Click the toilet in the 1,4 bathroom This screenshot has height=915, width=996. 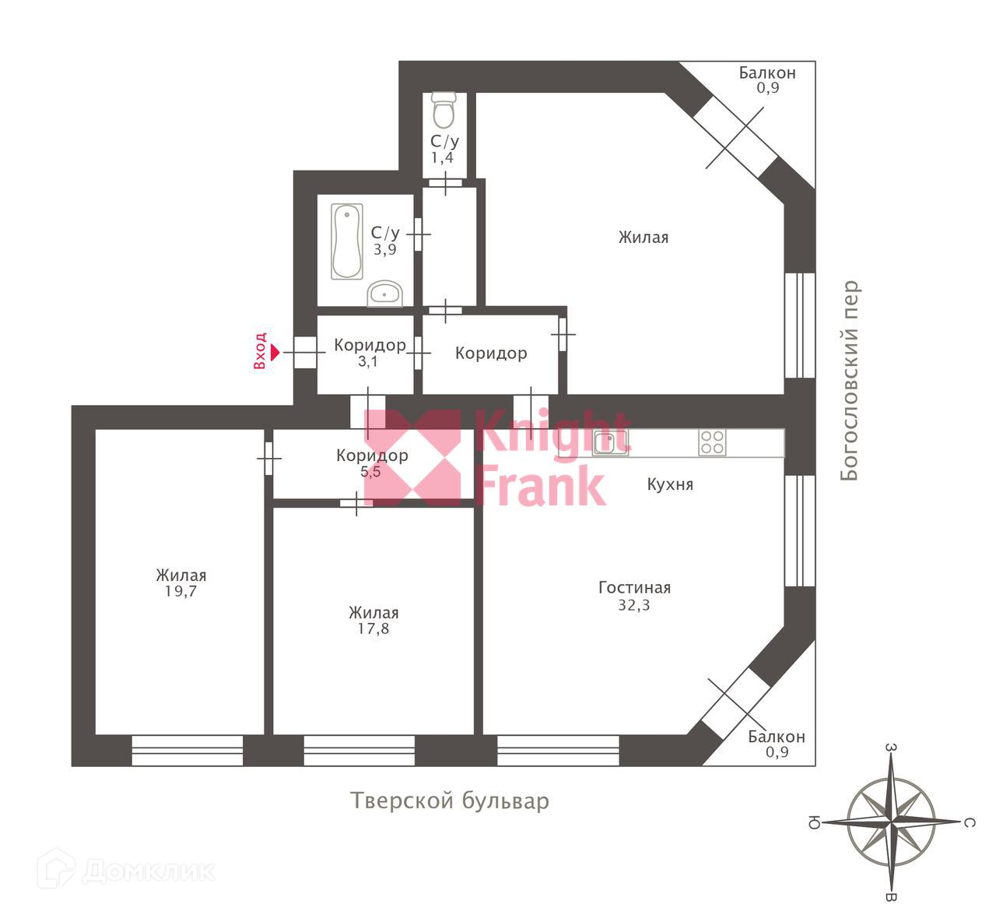(444, 110)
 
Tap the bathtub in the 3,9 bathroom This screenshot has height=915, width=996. (347, 241)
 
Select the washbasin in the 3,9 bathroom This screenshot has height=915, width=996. (384, 294)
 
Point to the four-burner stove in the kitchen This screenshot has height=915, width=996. (712, 442)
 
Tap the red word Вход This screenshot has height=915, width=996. (261, 350)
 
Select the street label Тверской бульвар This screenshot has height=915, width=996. (450, 801)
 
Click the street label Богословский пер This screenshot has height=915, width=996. (850, 380)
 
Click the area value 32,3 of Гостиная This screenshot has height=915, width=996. (634, 605)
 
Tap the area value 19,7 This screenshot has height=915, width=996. (181, 592)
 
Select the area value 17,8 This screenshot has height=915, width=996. (373, 628)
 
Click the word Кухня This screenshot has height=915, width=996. (670, 484)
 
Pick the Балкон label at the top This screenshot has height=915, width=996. (767, 72)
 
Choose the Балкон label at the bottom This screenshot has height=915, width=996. (776, 737)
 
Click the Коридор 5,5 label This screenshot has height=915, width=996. (372, 456)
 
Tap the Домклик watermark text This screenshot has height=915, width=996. (148, 871)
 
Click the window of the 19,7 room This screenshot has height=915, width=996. (187, 751)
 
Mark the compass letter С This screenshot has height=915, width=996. (970, 822)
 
